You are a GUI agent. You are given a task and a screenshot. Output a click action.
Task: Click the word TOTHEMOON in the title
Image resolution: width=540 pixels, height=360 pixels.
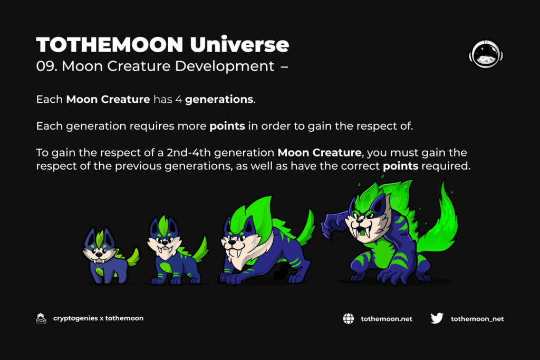[x=110, y=44]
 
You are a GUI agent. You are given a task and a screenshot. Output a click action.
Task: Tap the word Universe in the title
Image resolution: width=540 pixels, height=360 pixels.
[x=239, y=44]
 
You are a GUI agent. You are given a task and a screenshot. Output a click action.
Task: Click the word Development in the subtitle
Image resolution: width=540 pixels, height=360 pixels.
[x=225, y=66]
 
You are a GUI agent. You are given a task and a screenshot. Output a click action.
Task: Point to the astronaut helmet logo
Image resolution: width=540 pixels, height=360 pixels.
[x=486, y=54]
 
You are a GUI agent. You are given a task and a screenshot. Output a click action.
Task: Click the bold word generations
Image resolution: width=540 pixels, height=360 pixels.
[x=219, y=100]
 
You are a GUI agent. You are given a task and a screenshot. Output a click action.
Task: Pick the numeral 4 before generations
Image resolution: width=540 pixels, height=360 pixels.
[x=178, y=100]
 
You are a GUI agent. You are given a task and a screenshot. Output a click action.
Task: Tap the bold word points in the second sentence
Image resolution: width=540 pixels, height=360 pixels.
[x=227, y=127]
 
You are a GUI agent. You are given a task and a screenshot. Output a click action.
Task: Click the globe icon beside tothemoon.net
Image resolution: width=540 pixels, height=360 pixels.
[x=348, y=319]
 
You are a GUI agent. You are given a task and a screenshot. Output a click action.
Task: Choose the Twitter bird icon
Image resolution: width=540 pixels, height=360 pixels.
[x=437, y=318]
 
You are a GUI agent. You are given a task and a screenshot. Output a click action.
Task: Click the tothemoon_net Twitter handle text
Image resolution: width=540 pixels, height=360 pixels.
[x=477, y=319]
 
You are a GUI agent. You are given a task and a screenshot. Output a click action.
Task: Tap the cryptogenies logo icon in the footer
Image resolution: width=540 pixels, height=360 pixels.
[x=41, y=319]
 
